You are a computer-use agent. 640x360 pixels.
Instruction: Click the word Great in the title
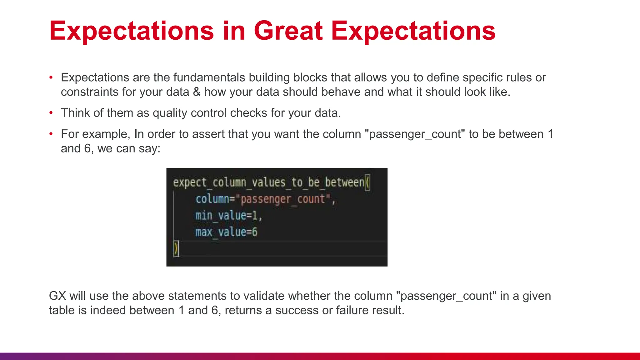coord(288,31)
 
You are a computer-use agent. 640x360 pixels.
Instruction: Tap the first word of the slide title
coord(131,31)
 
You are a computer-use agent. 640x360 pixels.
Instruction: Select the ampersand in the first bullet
coord(197,92)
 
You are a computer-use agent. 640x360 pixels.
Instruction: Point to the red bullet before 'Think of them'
coord(51,113)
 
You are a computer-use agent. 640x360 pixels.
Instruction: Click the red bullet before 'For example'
coord(51,134)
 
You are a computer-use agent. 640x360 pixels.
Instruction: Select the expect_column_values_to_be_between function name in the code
coord(268,182)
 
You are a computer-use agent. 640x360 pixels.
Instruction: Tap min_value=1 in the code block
coord(228,216)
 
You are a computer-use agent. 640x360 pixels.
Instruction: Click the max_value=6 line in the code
coord(226,232)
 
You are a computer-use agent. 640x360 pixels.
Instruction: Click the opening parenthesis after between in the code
coord(367,182)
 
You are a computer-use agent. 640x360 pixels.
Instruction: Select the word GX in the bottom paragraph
coord(57,296)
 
